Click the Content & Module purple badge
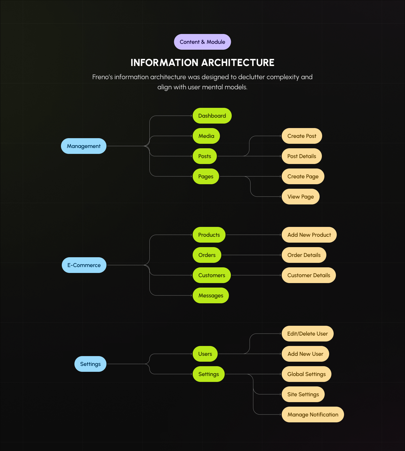click(202, 42)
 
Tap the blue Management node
click(84, 146)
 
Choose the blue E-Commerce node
click(84, 265)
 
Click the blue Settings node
click(90, 364)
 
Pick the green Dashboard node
click(212, 116)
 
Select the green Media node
click(206, 136)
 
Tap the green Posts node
click(204, 156)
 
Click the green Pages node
click(206, 176)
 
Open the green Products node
click(209, 235)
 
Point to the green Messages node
click(211, 295)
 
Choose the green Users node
click(205, 354)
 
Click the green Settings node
click(208, 374)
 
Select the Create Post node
click(302, 136)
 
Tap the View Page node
click(301, 197)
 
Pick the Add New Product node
click(309, 235)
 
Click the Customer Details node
click(309, 275)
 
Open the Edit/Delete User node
click(308, 334)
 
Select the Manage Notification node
click(313, 414)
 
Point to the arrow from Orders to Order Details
click(251, 255)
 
